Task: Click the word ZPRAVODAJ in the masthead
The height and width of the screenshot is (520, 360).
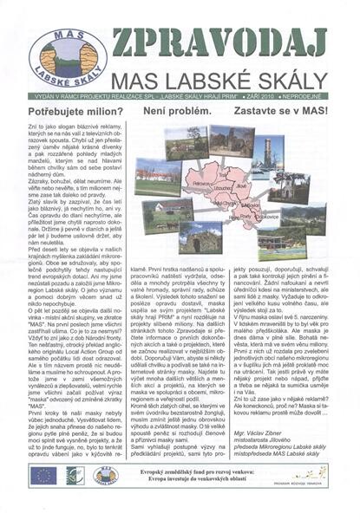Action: tap(219, 43)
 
